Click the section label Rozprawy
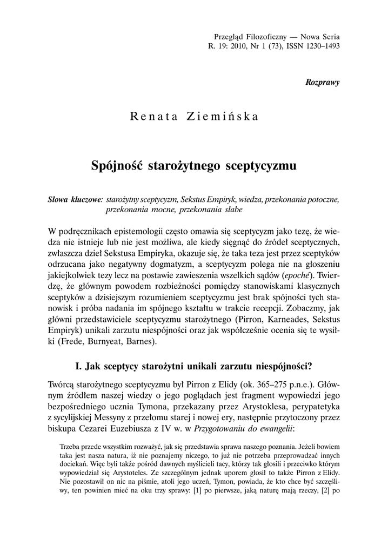click(323, 82)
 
